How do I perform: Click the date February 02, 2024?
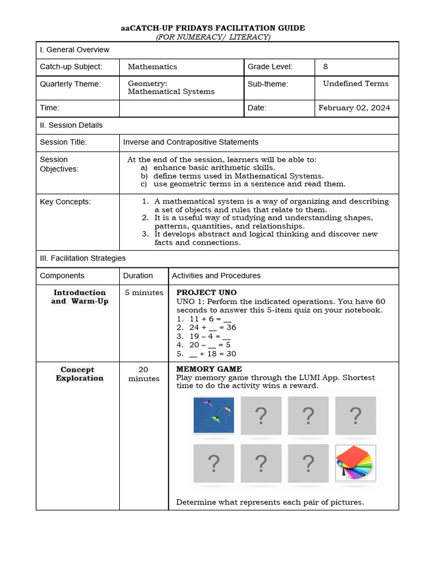354,108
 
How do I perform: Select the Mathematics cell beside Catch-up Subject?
153,67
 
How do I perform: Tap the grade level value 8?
326,67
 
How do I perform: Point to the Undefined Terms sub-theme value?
356,84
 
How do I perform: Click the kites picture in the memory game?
214,415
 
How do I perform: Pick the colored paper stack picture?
356,463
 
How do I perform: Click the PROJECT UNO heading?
206,292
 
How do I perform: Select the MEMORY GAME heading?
209,369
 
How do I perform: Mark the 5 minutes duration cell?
144,293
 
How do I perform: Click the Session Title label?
63,143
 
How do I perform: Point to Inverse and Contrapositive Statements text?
191,143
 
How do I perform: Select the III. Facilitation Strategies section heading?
83,258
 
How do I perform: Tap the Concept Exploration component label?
78,374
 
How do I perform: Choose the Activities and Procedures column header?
216,276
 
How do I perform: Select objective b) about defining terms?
239,176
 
